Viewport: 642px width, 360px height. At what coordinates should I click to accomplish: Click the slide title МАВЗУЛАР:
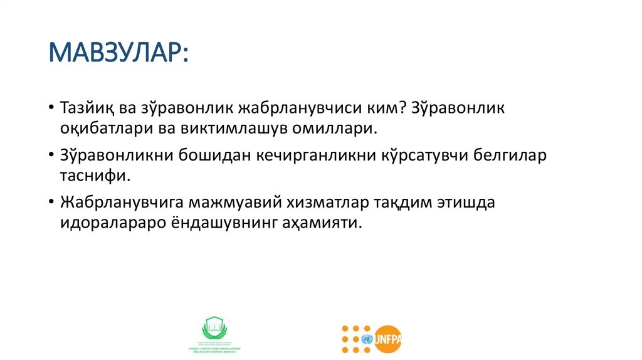tap(118, 53)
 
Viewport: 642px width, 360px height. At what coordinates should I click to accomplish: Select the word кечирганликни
tap(315, 156)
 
